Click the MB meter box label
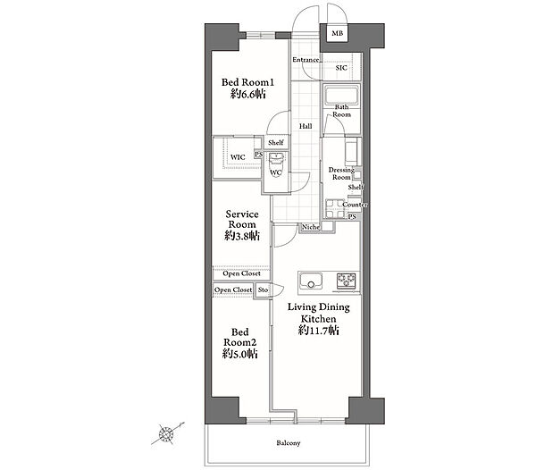pyautogui.click(x=338, y=33)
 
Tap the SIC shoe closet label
pyautogui.click(x=341, y=68)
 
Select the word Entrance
pyautogui.click(x=306, y=60)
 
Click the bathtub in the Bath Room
pyautogui.click(x=341, y=95)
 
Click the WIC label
pyautogui.click(x=238, y=157)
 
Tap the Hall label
pyautogui.click(x=306, y=127)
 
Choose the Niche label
pyautogui.click(x=311, y=227)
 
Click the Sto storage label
pyautogui.click(x=263, y=290)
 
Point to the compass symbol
pyautogui.click(x=167, y=434)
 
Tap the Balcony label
pyautogui.click(x=289, y=443)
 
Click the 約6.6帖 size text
pyautogui.click(x=248, y=94)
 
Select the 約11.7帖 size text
pyautogui.click(x=319, y=331)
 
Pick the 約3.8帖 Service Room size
pyautogui.click(x=242, y=236)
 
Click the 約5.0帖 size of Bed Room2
pyautogui.click(x=240, y=354)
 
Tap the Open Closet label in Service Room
pyautogui.click(x=242, y=273)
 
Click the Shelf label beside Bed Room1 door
pyautogui.click(x=276, y=143)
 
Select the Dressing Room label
pyautogui.click(x=341, y=173)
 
